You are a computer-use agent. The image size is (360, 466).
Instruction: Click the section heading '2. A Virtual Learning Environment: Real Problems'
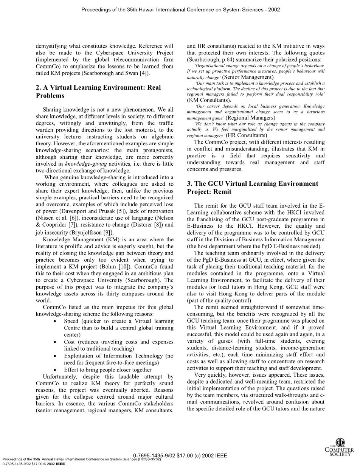pyautogui.click(x=98, y=92)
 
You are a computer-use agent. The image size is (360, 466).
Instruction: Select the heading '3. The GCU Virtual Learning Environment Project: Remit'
pyautogui.click(x=253, y=188)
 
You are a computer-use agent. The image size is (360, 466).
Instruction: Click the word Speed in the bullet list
pyautogui.click(x=71, y=321)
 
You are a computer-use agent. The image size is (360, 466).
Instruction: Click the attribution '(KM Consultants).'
pyautogui.click(x=209, y=100)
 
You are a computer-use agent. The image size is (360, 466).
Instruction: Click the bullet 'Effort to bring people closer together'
pyautogui.click(x=108, y=370)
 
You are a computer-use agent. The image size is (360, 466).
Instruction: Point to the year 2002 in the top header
pyautogui.click(x=274, y=9)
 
